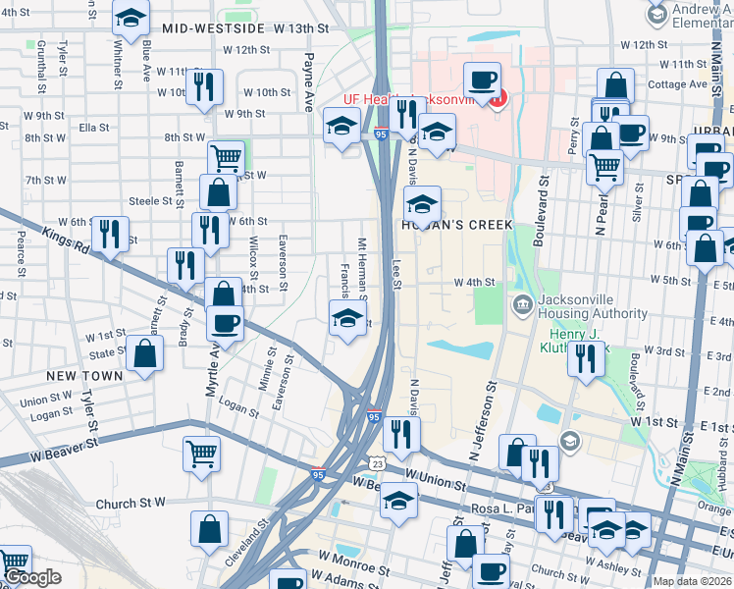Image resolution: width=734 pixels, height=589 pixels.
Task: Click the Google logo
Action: (32, 577)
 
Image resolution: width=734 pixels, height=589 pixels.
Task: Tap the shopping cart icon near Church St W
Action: (201, 454)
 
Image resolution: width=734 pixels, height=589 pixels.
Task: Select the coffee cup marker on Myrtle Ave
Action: (225, 323)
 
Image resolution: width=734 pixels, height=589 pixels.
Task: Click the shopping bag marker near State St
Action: (144, 355)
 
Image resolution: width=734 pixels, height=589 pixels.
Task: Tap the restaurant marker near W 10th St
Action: (205, 85)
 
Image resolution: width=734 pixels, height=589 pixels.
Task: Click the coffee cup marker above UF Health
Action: (480, 79)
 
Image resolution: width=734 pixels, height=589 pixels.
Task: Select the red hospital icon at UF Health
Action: (497, 98)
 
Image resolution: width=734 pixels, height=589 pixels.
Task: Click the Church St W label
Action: (131, 504)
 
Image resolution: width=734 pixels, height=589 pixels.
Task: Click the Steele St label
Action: (150, 200)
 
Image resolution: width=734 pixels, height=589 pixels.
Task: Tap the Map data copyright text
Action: (691, 581)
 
